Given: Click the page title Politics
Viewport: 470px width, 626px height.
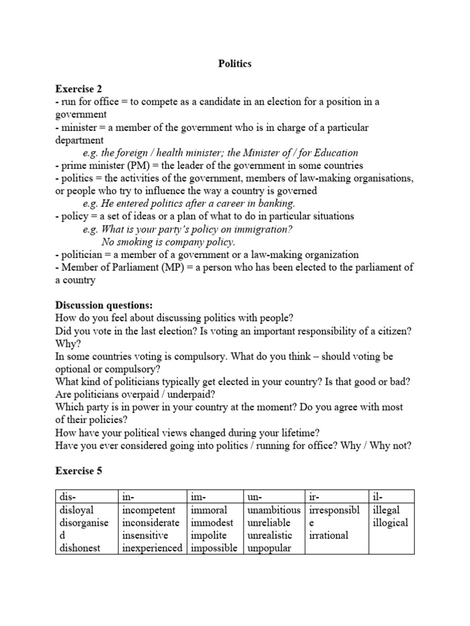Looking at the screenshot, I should tap(235, 64).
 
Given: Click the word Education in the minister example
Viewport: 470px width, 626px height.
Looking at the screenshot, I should tap(330, 153).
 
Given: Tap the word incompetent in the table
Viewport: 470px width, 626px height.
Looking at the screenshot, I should tap(149, 510).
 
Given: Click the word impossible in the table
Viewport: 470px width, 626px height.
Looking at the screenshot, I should tap(214, 548).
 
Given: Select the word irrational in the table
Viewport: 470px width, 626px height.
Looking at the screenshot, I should tap(329, 536).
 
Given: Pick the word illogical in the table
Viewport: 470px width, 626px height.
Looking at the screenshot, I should tap(390, 523).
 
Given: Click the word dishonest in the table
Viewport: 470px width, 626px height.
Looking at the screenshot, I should tap(80, 548).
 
